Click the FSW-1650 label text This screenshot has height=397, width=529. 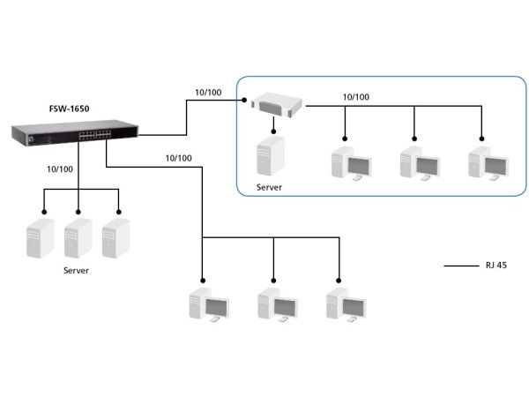tap(69, 109)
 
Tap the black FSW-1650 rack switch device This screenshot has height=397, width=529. tap(75, 133)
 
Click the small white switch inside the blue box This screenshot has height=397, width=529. tap(277, 105)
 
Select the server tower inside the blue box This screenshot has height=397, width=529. tap(271, 155)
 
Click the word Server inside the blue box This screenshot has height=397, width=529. tap(269, 187)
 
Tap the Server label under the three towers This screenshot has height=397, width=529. tap(76, 271)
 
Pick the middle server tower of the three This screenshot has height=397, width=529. tap(78, 238)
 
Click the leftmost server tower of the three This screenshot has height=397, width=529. tap(41, 238)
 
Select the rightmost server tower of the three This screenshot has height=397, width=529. tap(115, 238)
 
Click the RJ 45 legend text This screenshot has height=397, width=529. tap(495, 266)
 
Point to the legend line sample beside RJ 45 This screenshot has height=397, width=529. tap(461, 266)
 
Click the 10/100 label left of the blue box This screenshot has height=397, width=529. tap(208, 93)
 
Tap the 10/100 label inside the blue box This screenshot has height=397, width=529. tap(356, 97)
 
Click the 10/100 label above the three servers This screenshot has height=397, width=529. tap(60, 169)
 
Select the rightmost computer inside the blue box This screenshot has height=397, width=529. tap(488, 163)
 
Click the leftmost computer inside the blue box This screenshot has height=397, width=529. tap(351, 163)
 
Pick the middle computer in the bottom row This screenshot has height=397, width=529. tap(278, 304)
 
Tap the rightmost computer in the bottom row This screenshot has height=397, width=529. tap(346, 304)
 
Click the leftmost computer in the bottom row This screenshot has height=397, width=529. tap(209, 304)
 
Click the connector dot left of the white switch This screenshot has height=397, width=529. tap(244, 100)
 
